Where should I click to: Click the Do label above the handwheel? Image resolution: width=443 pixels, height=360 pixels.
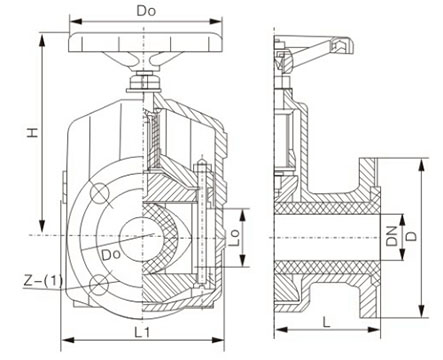(146, 11)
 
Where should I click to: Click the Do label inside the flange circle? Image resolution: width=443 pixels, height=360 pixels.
(111, 255)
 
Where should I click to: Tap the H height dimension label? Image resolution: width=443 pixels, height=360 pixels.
(33, 132)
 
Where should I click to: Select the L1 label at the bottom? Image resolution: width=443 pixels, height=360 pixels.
(142, 332)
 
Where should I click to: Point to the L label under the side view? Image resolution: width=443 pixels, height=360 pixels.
(327, 322)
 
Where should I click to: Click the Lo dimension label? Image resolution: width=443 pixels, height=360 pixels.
(235, 237)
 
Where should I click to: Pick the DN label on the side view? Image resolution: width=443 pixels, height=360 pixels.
(392, 236)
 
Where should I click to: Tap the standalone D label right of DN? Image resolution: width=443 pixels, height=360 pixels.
(412, 236)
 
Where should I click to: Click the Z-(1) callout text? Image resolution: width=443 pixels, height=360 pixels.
(43, 280)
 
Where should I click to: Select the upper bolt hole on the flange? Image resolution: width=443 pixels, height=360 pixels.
(99, 193)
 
